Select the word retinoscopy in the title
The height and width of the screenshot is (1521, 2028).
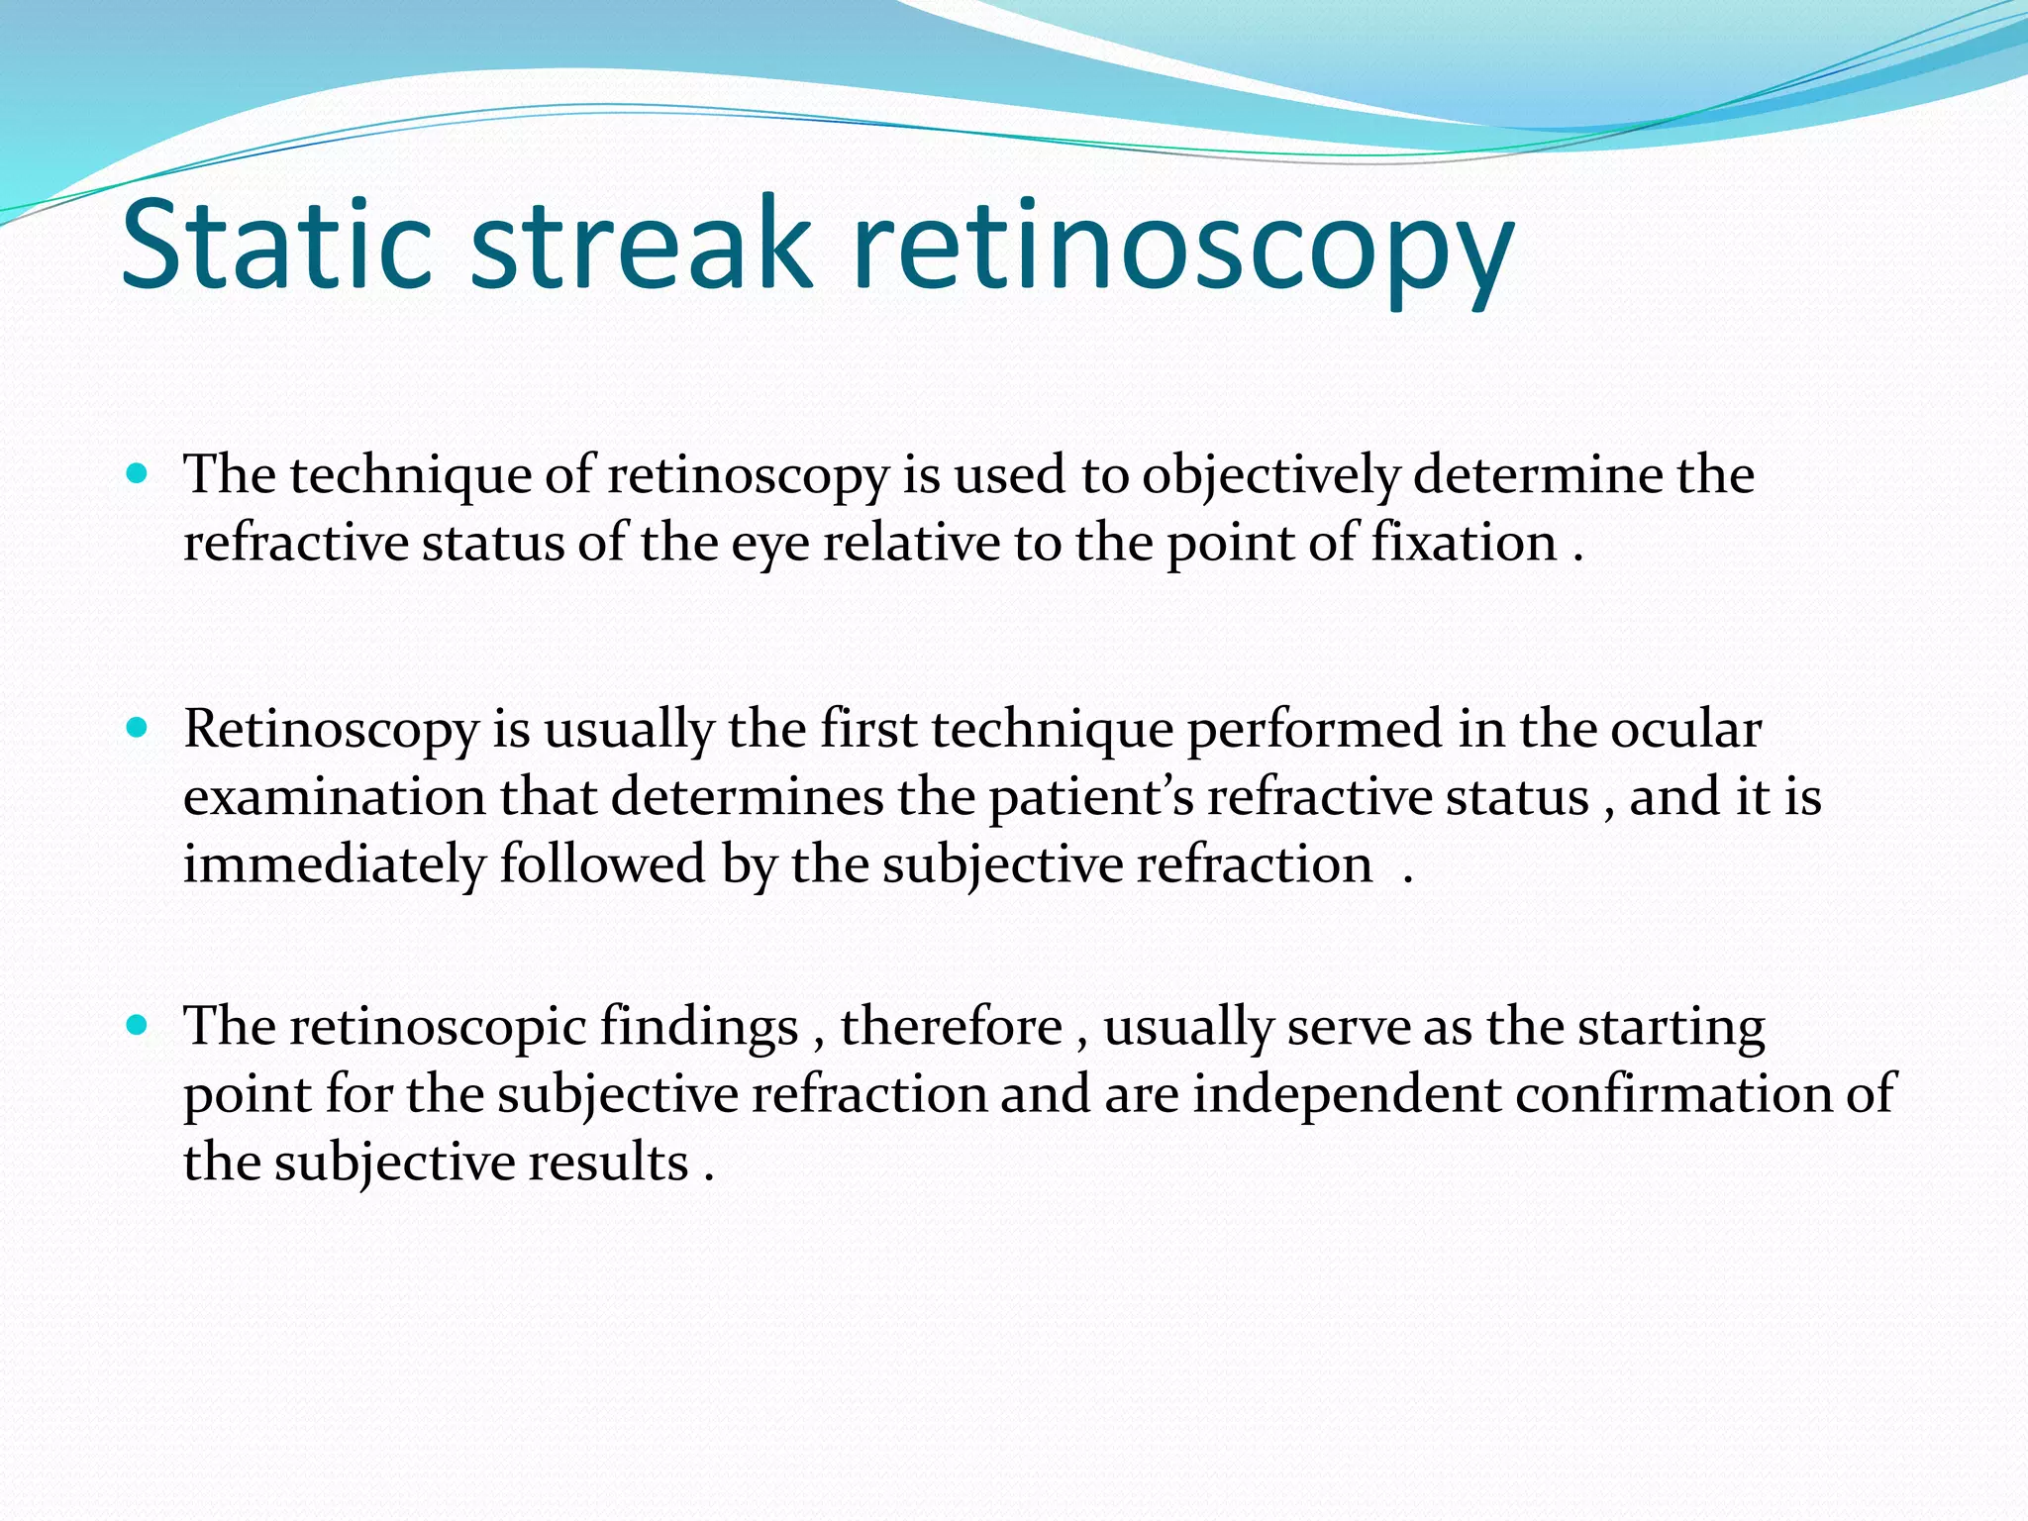click(1182, 248)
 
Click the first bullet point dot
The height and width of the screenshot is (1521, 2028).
click(138, 473)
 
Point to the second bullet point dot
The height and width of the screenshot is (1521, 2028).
click(138, 729)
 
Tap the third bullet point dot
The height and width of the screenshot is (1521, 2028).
click(138, 1025)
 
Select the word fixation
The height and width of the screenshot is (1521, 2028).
click(1465, 543)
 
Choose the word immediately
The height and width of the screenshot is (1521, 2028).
click(334, 865)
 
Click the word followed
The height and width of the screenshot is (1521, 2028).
click(602, 863)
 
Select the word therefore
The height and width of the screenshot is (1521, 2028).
click(952, 1026)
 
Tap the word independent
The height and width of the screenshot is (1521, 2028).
click(1347, 1095)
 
